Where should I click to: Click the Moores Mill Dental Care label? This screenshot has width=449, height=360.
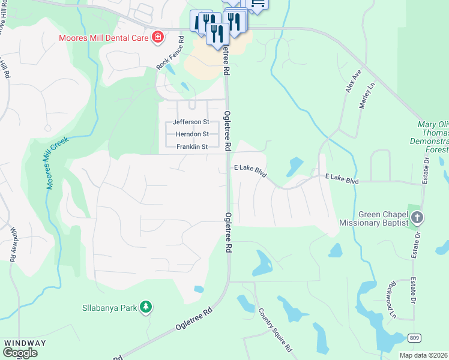103,38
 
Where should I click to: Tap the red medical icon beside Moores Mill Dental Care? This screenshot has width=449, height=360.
158,38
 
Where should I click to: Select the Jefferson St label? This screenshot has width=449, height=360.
190,122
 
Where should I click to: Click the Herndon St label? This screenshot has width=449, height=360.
191,134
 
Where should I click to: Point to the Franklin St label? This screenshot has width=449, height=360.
191,147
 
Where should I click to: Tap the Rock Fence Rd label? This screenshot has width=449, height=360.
170,54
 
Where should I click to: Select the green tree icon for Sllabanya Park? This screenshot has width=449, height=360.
145,308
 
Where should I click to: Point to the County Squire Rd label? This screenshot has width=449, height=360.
275,330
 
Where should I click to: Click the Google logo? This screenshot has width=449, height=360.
20,353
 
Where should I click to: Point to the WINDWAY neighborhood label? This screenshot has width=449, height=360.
25,343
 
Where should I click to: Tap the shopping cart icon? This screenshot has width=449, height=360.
257,4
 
